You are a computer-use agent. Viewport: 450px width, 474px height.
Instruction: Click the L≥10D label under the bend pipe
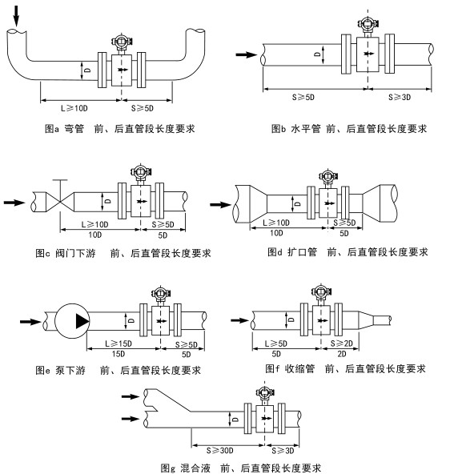tap(74, 108)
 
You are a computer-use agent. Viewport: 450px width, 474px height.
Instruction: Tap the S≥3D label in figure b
tap(400, 97)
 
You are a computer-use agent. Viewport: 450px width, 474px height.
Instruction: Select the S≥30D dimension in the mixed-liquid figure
tap(219, 451)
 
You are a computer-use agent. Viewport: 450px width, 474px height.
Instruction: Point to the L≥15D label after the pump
tap(119, 343)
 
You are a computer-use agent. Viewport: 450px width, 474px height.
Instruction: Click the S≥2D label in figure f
tap(342, 343)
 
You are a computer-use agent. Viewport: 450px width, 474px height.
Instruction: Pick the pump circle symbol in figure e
tap(72, 321)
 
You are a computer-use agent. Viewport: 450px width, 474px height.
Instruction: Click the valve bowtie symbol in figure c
tap(60, 201)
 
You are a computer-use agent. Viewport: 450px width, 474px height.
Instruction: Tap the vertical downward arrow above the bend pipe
tap(16, 16)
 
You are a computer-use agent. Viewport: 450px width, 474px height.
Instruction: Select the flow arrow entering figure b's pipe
tap(247, 54)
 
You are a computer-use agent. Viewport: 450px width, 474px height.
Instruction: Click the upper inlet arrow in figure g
tap(131, 396)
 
